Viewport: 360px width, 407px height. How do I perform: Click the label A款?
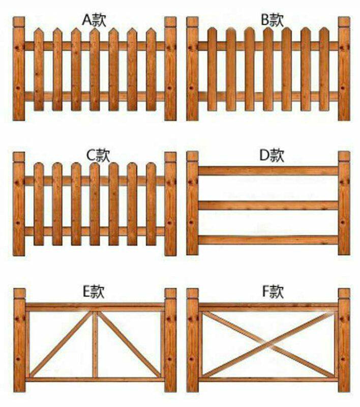(x=94, y=20)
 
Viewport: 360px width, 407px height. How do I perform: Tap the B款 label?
(x=273, y=20)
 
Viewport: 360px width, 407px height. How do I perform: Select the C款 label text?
(x=98, y=155)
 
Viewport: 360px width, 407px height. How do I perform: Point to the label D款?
(x=272, y=156)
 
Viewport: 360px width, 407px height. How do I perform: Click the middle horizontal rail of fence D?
(x=268, y=206)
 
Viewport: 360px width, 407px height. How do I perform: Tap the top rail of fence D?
(x=268, y=171)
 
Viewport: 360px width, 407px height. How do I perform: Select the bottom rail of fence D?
(x=268, y=240)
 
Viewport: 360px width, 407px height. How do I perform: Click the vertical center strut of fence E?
(x=95, y=344)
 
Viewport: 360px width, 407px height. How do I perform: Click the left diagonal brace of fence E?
(x=62, y=344)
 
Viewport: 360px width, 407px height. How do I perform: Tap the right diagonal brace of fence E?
(x=129, y=344)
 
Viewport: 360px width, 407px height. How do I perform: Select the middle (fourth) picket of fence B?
(x=268, y=69)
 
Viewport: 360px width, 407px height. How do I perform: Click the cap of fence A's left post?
(x=19, y=22)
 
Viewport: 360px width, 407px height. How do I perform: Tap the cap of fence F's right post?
(x=344, y=293)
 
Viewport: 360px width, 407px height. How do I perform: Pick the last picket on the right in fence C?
(x=151, y=204)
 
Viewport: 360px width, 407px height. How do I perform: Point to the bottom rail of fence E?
(x=95, y=380)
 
